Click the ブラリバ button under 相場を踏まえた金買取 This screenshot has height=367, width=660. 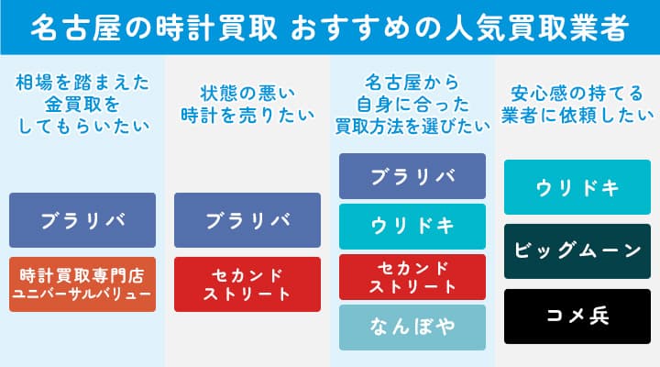(x=82, y=220)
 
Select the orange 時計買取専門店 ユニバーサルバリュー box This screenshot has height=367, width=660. (x=82, y=284)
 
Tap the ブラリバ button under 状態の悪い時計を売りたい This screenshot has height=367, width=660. (x=247, y=220)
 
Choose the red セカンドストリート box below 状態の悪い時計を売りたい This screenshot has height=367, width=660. (x=247, y=284)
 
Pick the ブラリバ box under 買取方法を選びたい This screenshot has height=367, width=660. (x=412, y=176)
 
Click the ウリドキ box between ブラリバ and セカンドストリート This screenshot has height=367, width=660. (x=412, y=227)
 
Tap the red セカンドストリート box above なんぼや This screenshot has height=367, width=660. (x=412, y=277)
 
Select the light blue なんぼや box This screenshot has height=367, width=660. (x=412, y=328)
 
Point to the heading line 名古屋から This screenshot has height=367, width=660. (x=412, y=79)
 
